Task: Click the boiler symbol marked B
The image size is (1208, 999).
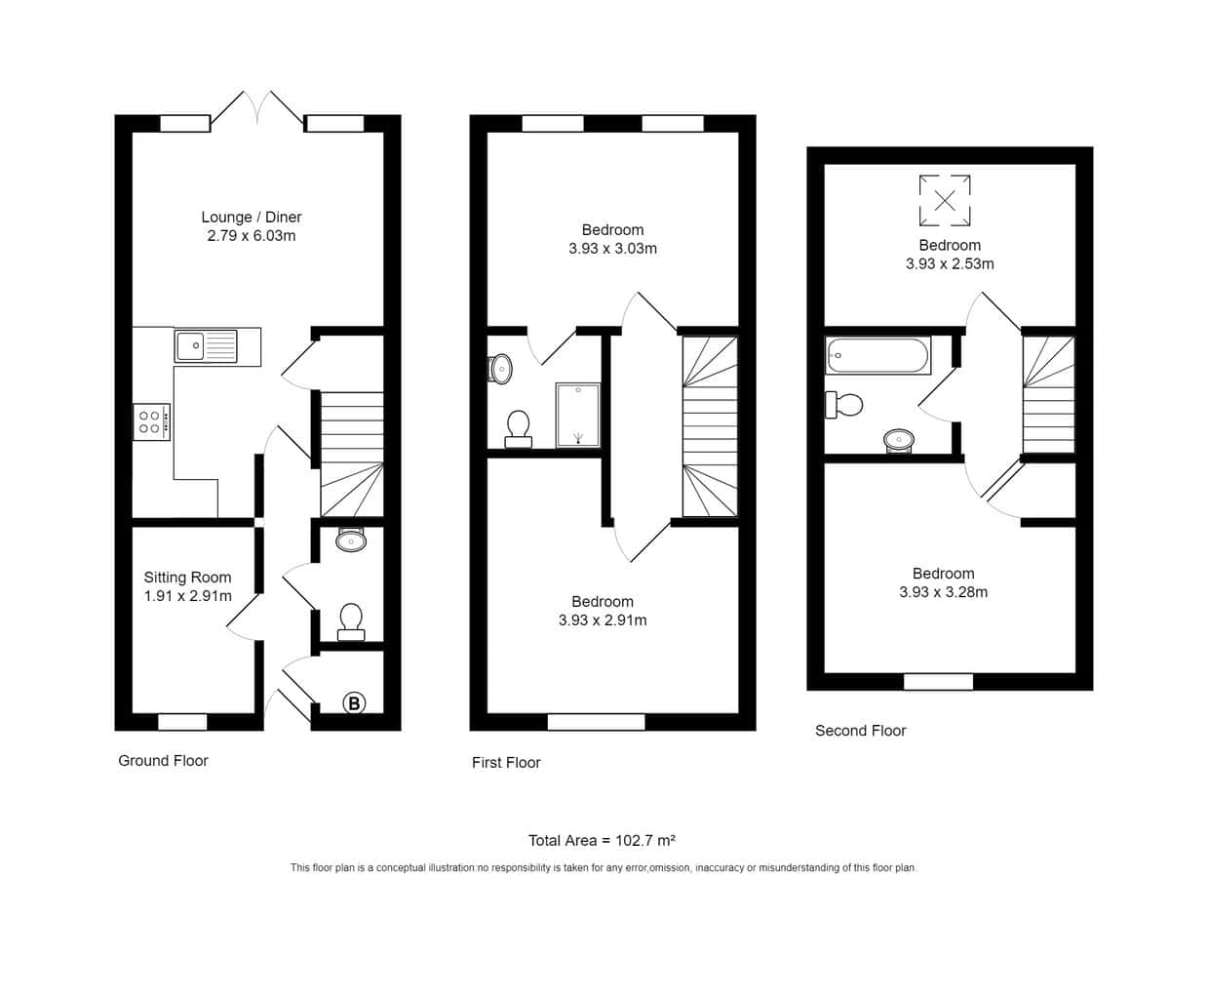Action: [x=354, y=703]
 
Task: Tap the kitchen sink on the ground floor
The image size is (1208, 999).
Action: [x=206, y=345]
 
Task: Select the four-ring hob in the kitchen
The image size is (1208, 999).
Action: [x=151, y=422]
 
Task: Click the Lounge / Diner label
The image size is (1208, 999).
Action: [x=252, y=217]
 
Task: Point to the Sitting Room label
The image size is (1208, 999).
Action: [x=187, y=577]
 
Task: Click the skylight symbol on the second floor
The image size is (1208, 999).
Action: [x=944, y=200]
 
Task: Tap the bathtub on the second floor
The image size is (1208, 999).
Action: [x=877, y=355]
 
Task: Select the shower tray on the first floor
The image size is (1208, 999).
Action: [x=577, y=415]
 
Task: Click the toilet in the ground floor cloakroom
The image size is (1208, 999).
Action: [x=351, y=622]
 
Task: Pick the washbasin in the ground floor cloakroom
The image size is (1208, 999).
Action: [x=351, y=539]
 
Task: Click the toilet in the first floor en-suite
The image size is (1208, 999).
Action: [x=519, y=429]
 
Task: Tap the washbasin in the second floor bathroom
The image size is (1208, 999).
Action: [x=899, y=441]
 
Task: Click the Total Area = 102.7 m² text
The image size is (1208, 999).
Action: [x=602, y=840]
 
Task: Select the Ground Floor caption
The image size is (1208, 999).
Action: [x=163, y=761]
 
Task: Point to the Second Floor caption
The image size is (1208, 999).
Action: [x=860, y=731]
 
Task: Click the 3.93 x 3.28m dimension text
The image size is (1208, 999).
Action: [x=943, y=592]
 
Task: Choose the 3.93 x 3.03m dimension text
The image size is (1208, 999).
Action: [x=612, y=249]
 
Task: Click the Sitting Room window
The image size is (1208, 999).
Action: [x=182, y=722]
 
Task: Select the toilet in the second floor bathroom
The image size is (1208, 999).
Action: [x=844, y=405]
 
